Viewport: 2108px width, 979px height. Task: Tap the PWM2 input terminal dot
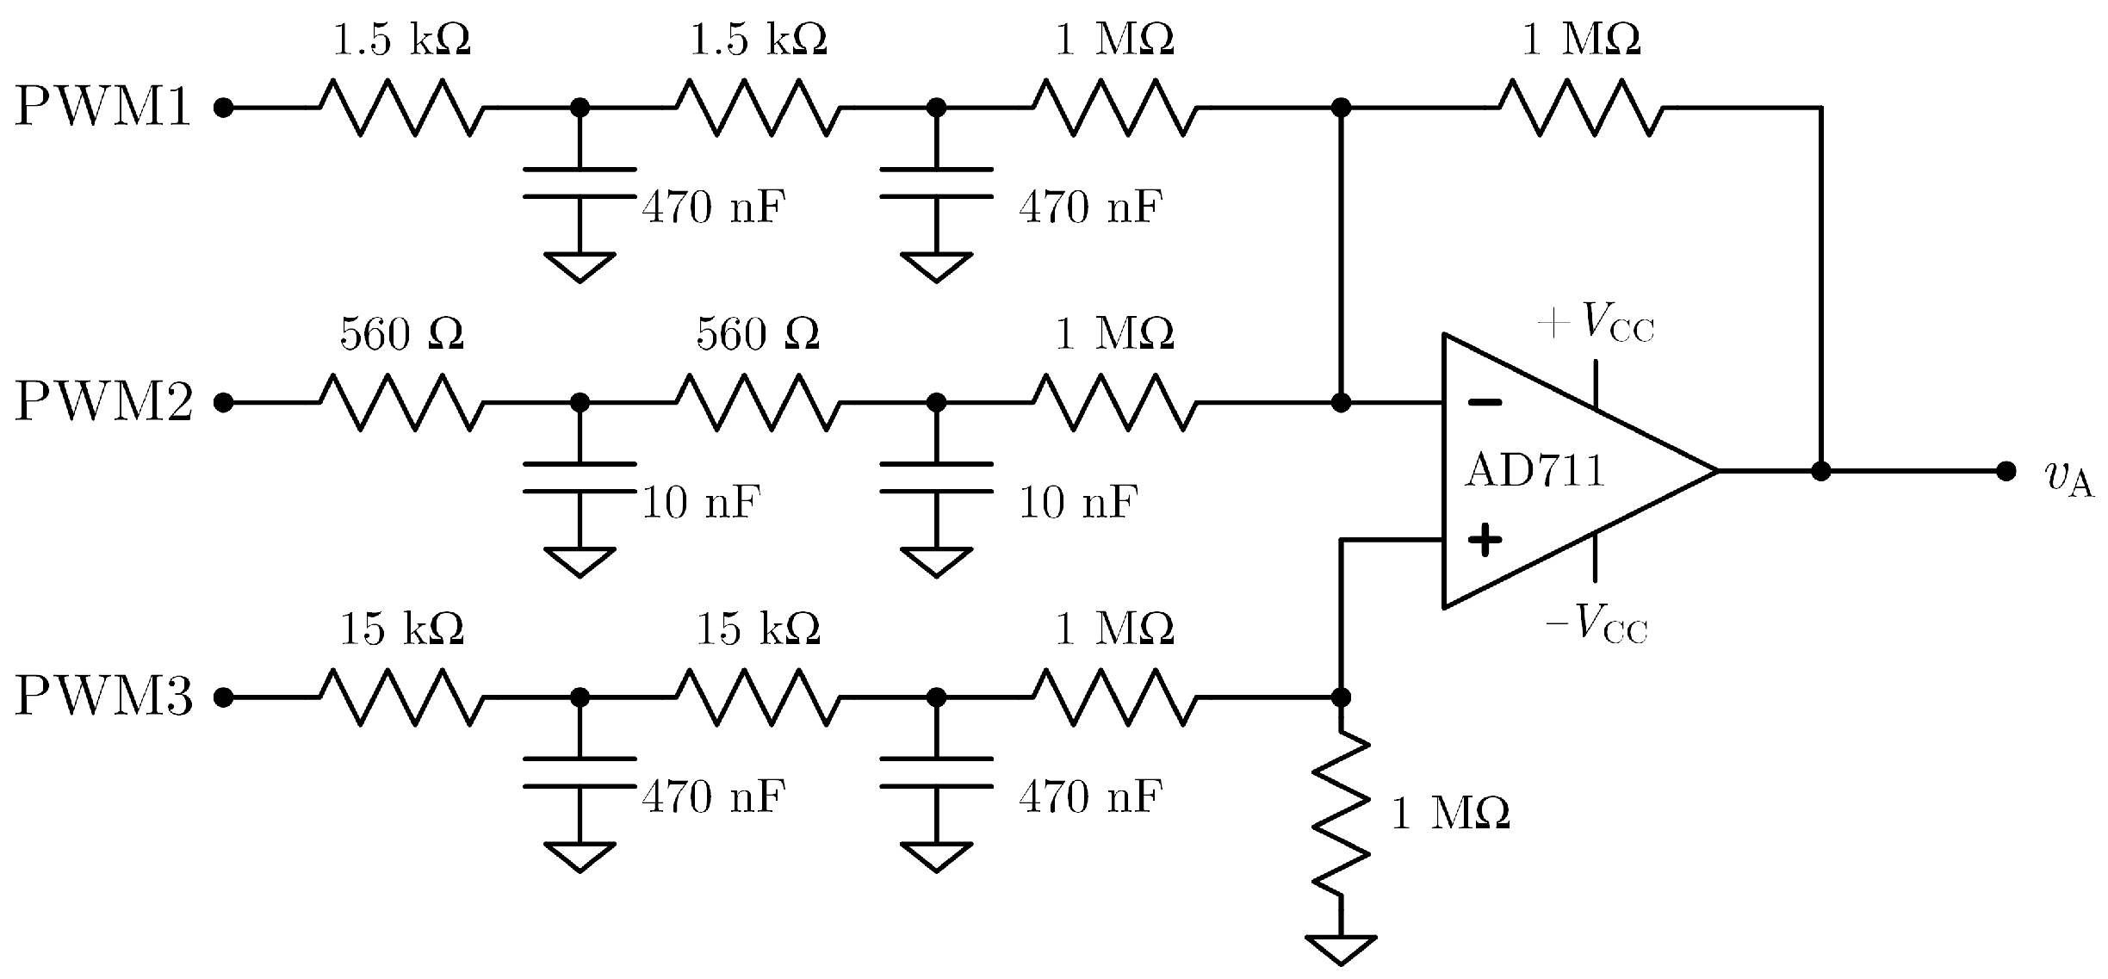[x=224, y=402]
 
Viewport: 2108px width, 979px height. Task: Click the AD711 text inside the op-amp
[x=1534, y=471]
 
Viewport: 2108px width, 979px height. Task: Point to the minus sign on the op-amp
[x=1485, y=402]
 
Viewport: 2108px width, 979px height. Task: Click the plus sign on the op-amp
[x=1485, y=541]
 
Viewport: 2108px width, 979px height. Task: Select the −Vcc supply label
[x=1596, y=625]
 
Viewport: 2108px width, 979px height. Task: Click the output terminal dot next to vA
[x=2006, y=471]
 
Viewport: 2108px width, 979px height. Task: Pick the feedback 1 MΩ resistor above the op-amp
[x=1581, y=108]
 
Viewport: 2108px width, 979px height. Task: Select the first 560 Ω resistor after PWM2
[x=402, y=402]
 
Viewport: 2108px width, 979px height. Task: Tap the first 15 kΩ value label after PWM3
[x=402, y=629]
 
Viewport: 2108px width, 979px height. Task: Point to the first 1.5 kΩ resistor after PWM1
[x=402, y=108]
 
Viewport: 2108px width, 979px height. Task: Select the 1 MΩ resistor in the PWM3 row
[x=1115, y=697]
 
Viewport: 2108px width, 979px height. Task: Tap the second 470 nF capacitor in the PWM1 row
[x=936, y=183]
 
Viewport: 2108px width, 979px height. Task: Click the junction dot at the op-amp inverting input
[x=1341, y=402]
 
